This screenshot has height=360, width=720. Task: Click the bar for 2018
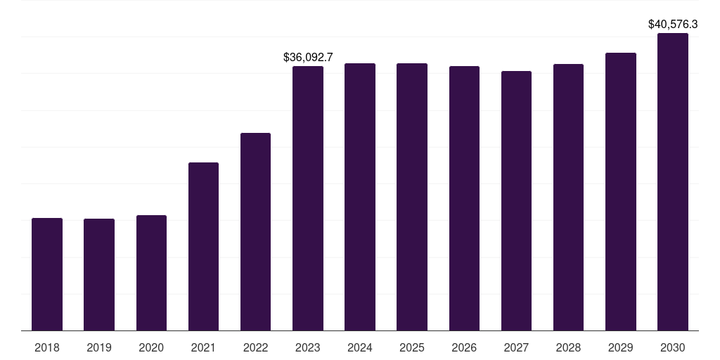pos(47,274)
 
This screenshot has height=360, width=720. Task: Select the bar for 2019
pos(99,275)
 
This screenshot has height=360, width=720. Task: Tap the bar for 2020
pos(151,273)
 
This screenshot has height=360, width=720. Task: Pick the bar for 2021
pos(203,247)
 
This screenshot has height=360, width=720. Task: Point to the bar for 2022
pos(255,232)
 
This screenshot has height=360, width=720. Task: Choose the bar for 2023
pos(308,198)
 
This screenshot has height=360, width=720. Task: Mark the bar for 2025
pos(412,197)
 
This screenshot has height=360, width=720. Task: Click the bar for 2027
pos(516,200)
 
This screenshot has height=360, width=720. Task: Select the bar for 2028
pos(568,198)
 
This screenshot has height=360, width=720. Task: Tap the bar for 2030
pos(673,182)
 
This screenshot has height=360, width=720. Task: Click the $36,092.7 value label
pos(308,58)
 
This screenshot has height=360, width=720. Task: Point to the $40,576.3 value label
pos(673,25)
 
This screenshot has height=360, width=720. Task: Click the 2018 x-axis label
pos(47,347)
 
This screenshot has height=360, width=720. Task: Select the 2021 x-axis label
pos(203,347)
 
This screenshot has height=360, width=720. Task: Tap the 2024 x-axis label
pos(359,347)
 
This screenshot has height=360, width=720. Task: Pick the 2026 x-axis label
pos(464,347)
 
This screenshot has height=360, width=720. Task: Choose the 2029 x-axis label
pos(620,347)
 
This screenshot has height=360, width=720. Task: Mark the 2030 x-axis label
pos(673,347)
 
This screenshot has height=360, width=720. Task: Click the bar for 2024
pos(360,197)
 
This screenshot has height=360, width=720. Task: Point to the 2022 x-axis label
pos(255,347)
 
